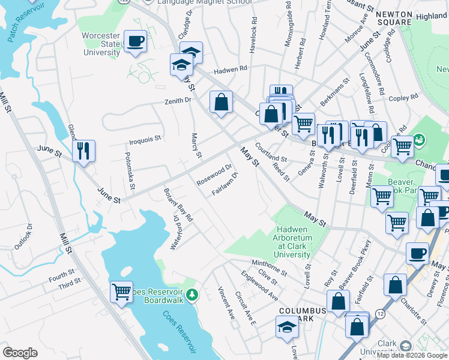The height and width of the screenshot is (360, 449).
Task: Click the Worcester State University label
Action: [101, 44]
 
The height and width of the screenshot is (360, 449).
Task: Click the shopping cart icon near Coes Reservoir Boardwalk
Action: [121, 293]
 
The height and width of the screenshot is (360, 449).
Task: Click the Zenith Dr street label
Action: [178, 101]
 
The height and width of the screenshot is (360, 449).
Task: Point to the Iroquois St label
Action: [145, 139]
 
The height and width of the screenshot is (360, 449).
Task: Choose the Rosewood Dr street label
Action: [214, 175]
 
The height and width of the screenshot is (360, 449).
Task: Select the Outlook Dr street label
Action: [23, 237]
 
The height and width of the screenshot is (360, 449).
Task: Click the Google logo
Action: [20, 353]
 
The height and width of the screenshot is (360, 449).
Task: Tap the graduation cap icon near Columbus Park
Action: [287, 328]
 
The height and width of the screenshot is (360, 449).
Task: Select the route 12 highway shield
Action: [380, 314]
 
